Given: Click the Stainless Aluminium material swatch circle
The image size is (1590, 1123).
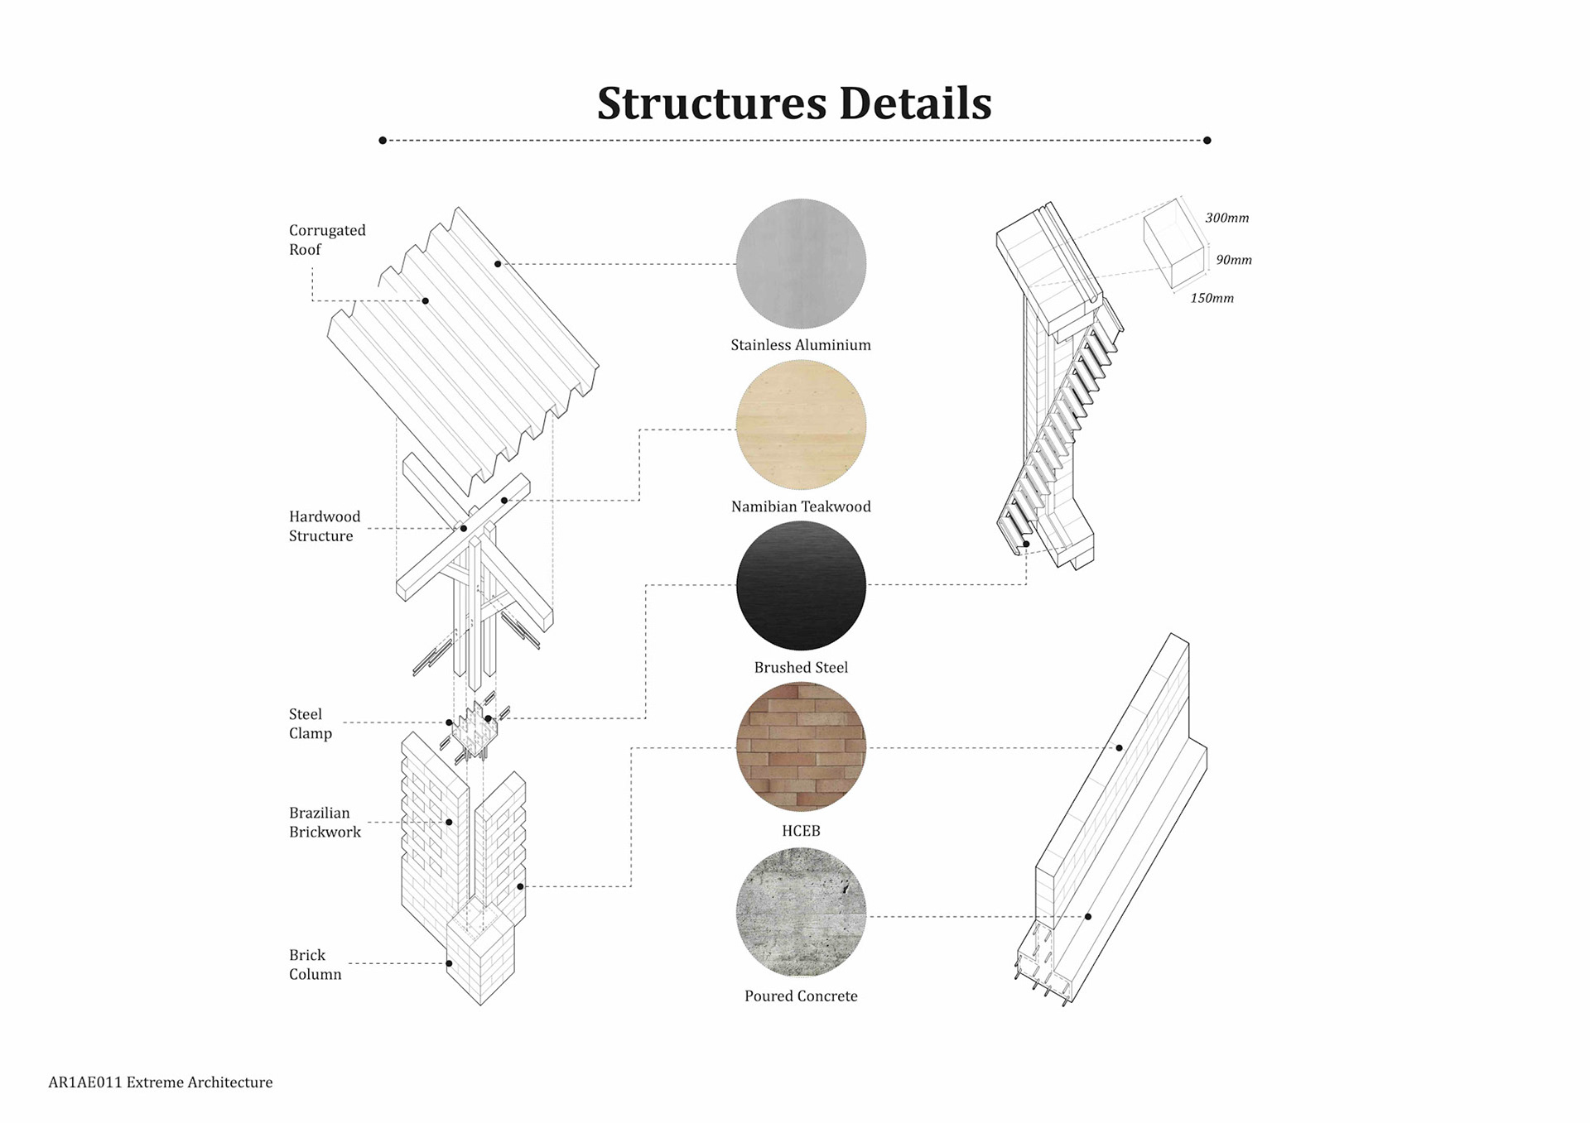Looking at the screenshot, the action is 801,263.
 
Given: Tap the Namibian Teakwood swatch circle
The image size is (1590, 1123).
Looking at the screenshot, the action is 801,425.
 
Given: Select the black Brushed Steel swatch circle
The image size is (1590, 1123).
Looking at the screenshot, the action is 801,585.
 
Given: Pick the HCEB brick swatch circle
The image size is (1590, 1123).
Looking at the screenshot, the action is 801,747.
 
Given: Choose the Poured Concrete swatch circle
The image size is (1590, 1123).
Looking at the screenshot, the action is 801,912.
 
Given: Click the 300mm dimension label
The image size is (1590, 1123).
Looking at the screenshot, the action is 1226,218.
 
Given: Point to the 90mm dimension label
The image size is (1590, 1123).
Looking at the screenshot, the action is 1233,260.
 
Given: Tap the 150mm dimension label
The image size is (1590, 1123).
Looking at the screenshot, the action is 1212,298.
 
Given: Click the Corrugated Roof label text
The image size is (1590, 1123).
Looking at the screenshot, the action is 326,240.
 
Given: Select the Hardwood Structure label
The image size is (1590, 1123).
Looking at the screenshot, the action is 325,526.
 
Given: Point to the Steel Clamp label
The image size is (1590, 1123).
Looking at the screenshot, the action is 311,723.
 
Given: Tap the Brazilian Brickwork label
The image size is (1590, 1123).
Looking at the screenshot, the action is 325,823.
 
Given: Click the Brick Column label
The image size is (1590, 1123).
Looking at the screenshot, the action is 315,964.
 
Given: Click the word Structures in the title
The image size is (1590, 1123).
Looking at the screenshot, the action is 711,103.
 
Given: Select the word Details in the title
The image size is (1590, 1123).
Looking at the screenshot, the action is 915,103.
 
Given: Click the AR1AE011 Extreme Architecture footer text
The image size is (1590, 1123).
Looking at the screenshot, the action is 160,1082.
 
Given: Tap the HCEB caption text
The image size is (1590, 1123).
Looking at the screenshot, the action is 801,831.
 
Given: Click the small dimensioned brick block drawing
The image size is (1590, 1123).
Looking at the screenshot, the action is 1173,242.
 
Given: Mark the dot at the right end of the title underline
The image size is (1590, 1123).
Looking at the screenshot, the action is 1207,141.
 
